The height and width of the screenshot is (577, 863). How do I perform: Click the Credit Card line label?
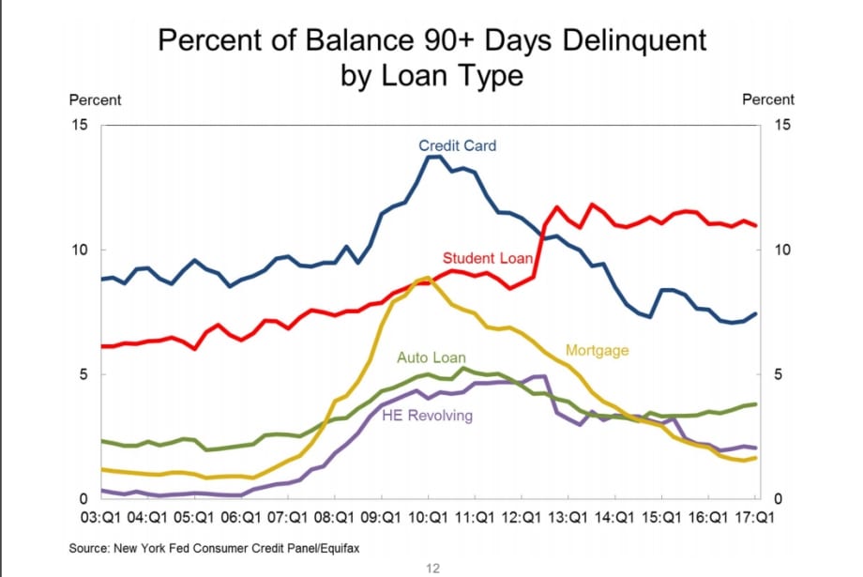(457, 145)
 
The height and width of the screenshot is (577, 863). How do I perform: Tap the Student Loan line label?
(488, 258)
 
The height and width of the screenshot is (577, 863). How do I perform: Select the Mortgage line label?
(597, 350)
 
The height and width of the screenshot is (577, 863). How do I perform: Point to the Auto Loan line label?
(431, 357)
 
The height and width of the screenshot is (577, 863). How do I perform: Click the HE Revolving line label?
(427, 416)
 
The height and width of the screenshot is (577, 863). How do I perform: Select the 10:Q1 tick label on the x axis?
(429, 517)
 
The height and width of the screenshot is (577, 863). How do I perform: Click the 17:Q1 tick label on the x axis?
(756, 517)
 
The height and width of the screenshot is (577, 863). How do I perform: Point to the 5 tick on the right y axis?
(774, 374)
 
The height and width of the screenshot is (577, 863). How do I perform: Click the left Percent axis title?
(95, 99)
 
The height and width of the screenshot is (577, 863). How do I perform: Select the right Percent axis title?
(767, 99)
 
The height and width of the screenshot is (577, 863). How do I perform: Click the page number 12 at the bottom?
(431, 568)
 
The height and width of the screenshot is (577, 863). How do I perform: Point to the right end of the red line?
(756, 225)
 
